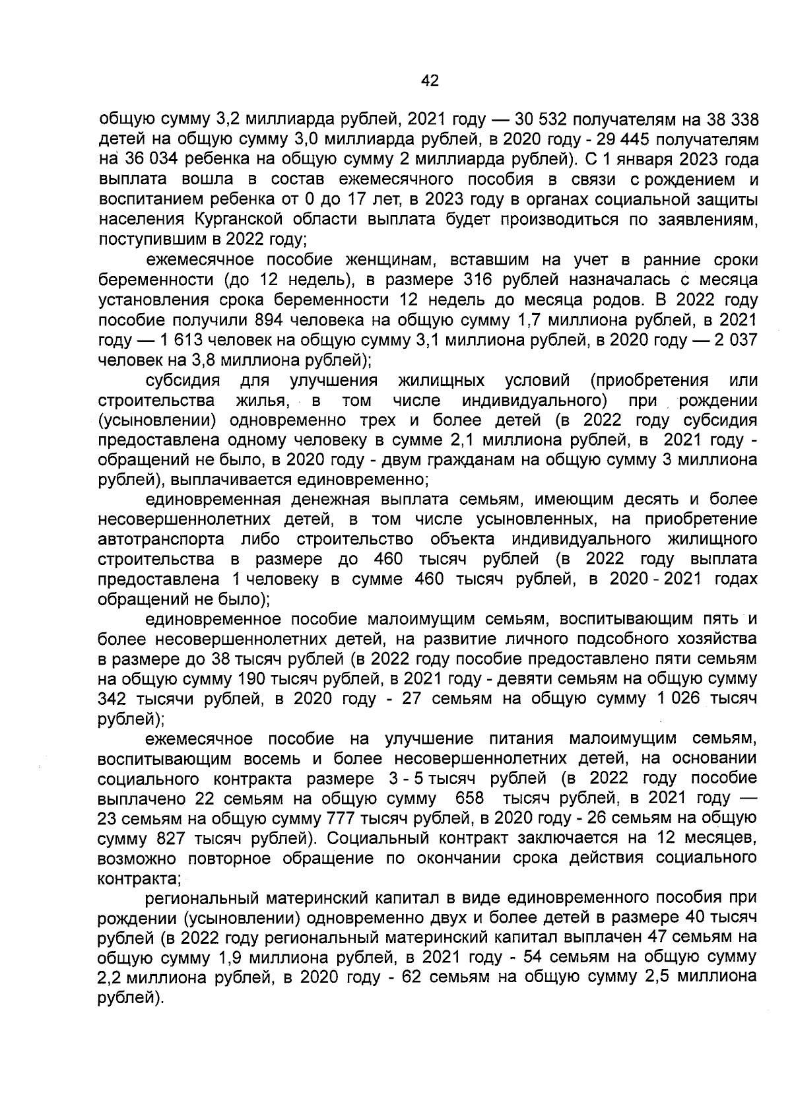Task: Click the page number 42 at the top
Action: click(x=430, y=81)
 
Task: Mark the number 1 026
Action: click(x=669, y=698)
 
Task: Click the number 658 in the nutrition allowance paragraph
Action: click(x=470, y=798)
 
